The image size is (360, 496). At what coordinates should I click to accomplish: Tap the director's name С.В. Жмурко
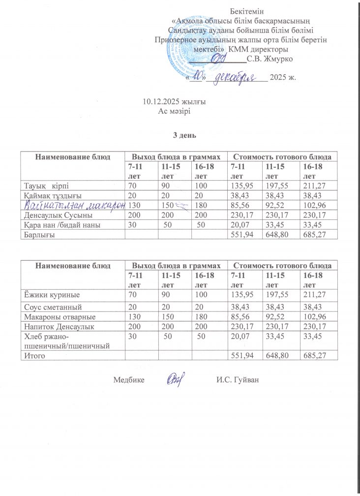(x=270, y=60)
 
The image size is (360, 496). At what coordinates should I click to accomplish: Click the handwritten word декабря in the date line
(x=238, y=77)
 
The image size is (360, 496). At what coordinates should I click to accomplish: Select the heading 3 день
(x=180, y=134)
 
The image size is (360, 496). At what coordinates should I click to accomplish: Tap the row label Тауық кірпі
(x=48, y=186)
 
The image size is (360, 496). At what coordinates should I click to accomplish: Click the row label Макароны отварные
(x=60, y=317)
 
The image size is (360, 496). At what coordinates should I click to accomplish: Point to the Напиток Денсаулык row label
(x=59, y=326)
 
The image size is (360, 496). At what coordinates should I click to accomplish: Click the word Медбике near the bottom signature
(x=128, y=380)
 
